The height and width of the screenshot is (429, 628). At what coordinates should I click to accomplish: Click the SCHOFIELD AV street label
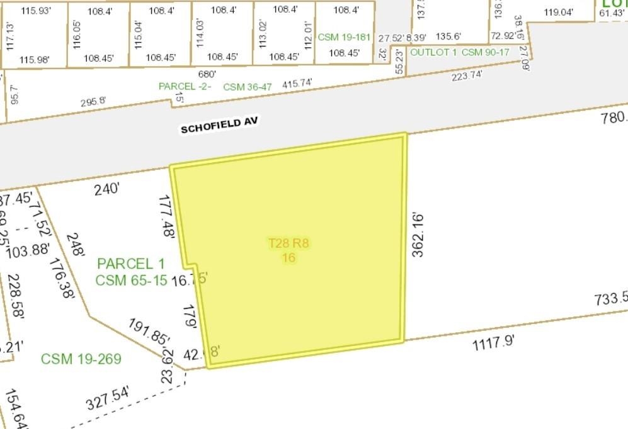tap(219, 125)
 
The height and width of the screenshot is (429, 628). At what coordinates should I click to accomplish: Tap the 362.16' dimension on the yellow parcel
tap(417, 235)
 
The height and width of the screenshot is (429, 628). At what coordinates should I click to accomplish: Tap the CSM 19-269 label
tap(81, 359)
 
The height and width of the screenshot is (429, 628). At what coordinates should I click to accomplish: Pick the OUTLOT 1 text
tap(434, 52)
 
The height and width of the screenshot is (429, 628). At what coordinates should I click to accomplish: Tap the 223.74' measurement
tap(467, 75)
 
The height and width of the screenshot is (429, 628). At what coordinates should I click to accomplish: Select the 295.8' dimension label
tap(93, 102)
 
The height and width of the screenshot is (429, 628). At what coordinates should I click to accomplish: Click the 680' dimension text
tap(207, 74)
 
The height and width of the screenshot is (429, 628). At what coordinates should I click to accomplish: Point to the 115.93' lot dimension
tap(35, 11)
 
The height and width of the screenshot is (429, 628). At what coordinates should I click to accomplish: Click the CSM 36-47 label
tap(248, 87)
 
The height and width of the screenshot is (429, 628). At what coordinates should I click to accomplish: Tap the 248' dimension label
tap(78, 244)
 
